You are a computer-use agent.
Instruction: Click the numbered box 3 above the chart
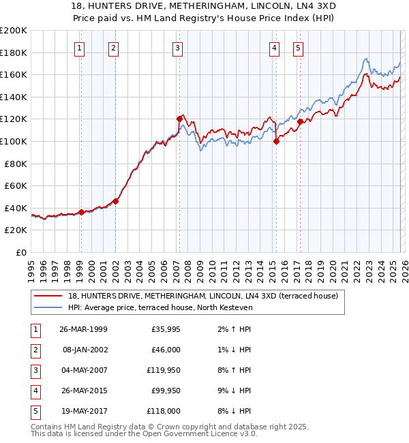coord(177,48)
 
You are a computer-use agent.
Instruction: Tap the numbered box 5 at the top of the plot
coord(299,48)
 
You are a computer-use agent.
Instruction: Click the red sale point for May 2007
coord(179,119)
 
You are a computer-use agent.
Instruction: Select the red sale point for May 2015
coord(277,141)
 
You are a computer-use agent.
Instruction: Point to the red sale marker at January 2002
coord(116,201)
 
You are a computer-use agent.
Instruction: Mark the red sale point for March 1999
coord(82,212)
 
